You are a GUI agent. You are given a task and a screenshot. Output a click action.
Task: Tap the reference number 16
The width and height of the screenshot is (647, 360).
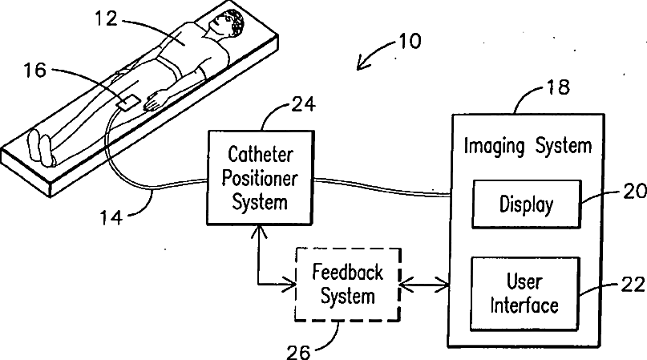coord(35,71)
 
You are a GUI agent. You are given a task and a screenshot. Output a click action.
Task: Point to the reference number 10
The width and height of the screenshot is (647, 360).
coord(407,41)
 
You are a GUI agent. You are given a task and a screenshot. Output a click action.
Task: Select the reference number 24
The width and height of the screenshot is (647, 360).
coord(303,104)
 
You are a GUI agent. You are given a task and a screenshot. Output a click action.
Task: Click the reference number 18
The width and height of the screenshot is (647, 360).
coord(557,87)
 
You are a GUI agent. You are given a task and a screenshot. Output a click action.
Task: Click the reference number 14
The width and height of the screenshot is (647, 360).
coord(115,215)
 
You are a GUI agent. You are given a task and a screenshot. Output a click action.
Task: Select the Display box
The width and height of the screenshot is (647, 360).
coord(526,204)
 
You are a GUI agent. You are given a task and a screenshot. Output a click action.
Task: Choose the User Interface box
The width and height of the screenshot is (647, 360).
coord(524,293)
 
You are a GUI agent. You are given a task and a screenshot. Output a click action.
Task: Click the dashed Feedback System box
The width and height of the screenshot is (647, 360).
coord(348,284)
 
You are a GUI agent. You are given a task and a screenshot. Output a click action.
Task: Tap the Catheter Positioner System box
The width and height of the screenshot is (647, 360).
coord(259,176)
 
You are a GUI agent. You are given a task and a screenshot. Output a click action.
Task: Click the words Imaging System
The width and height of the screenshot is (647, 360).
coord(528,146)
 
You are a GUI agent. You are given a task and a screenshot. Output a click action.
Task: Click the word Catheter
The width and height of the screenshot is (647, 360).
coord(259,154)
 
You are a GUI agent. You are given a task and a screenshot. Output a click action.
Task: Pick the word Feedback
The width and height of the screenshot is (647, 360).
coord(348,272)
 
